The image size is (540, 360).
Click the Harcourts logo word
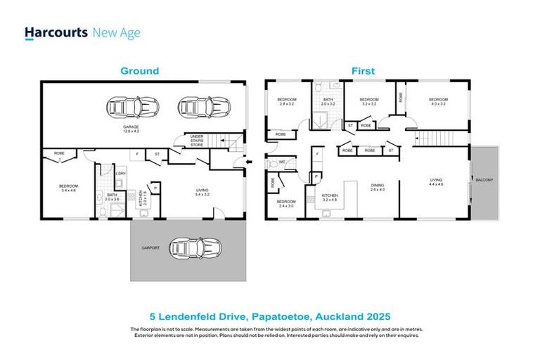click(x=56, y=33)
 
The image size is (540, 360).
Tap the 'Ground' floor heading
click(x=139, y=71)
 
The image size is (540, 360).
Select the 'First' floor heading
click(x=364, y=71)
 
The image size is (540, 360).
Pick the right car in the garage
click(x=205, y=107)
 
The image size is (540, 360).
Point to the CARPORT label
click(x=150, y=247)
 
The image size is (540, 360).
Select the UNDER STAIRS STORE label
click(x=196, y=141)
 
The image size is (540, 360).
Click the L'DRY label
click(x=120, y=174)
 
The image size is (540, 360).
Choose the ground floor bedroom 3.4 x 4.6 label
click(x=68, y=188)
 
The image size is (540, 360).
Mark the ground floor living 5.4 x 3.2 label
click(x=203, y=192)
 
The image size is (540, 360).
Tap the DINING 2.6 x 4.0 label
click(x=378, y=188)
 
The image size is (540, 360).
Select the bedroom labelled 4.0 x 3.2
click(x=438, y=102)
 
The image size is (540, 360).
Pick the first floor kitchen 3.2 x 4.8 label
click(x=330, y=198)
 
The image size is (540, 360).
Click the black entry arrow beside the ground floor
click(x=250, y=162)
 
